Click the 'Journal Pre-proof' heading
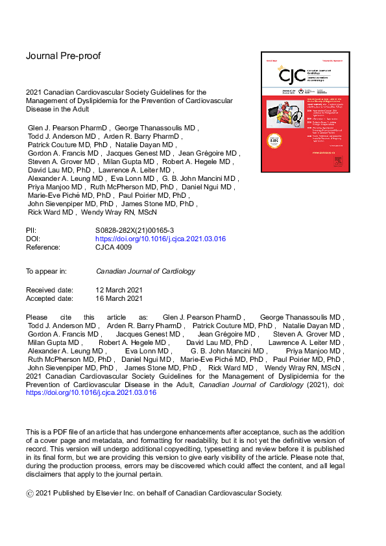tap(63, 56)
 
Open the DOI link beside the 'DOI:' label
tap(160, 239)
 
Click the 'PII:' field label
tap(32, 230)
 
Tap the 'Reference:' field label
tap(43, 247)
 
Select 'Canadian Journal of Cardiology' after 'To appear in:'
tap(145, 271)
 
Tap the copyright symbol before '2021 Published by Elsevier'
tap(29, 493)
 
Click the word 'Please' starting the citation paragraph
tap(37, 316)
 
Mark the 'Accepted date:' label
tap(49, 298)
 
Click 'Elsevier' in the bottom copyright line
tap(115, 493)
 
